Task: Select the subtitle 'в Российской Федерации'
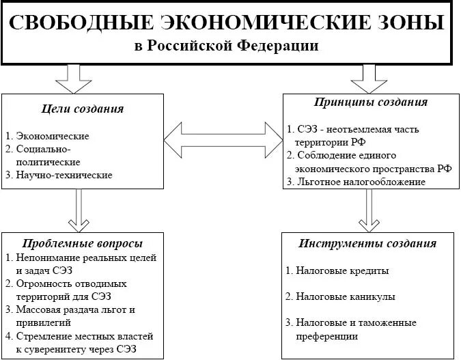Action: click(226, 46)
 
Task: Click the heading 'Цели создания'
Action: click(84, 109)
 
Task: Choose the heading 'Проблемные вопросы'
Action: click(83, 243)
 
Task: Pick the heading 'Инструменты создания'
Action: click(367, 243)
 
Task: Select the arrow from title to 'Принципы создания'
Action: click(369, 79)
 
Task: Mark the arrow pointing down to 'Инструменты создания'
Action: click(369, 210)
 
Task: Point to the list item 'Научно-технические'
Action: click(63, 176)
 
